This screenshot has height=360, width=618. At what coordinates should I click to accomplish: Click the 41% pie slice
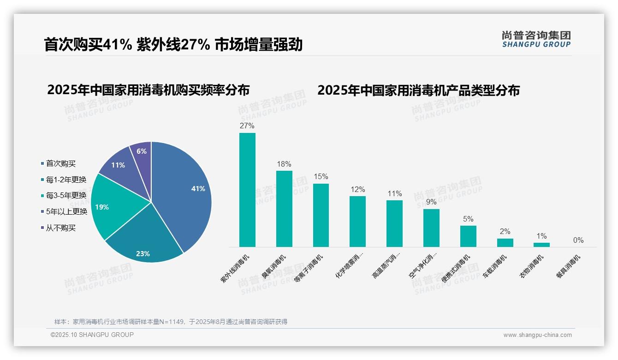tap(184, 189)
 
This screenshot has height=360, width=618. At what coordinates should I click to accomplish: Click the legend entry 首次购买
tap(60, 163)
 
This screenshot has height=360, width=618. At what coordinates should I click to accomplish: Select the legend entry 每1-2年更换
tap(66, 180)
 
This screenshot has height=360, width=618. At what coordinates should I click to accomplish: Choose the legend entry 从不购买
tap(60, 228)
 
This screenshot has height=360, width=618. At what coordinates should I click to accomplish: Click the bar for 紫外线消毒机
tap(247, 190)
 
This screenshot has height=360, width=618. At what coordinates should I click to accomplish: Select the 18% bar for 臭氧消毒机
tap(284, 209)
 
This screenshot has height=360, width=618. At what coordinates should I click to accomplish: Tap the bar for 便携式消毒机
tap(468, 236)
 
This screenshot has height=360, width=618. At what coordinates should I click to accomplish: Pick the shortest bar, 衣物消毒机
tap(541, 245)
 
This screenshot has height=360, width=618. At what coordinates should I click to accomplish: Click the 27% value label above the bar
tap(247, 126)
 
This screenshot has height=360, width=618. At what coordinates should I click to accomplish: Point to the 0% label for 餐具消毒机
tap(578, 240)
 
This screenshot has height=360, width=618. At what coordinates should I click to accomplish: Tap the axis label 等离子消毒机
tap(309, 269)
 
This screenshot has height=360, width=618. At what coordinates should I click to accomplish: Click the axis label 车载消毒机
tap(494, 266)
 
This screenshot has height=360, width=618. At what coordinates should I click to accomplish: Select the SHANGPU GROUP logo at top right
tap(536, 39)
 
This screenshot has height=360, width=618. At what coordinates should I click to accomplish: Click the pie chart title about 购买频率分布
tap(148, 90)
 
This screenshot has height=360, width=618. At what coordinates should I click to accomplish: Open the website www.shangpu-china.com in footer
tap(537, 335)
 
